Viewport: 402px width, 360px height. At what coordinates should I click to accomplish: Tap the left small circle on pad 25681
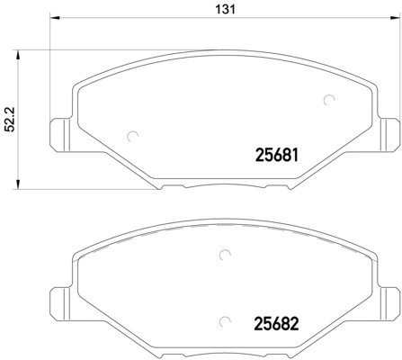pyautogui.click(x=133, y=137)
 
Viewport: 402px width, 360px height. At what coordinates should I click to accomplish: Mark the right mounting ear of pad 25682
pyautogui.click(x=389, y=300)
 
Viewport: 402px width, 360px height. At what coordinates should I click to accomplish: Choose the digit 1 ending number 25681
pyautogui.click(x=294, y=155)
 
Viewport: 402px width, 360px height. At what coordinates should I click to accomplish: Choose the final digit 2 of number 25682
pyautogui.click(x=293, y=322)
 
